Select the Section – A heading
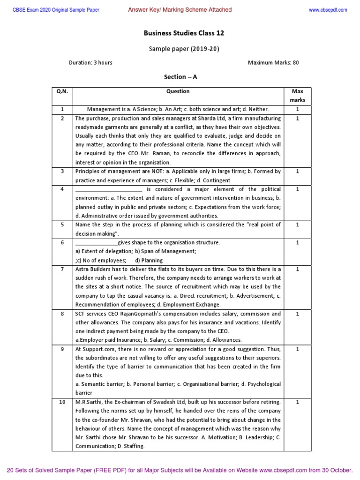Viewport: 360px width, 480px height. (x=178, y=76)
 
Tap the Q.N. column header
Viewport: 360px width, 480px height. (x=62, y=91)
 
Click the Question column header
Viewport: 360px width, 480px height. (x=178, y=91)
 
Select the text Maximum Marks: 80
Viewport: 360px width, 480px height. (x=273, y=62)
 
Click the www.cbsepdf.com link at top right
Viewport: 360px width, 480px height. (x=328, y=10)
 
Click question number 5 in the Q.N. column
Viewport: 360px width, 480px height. (x=62, y=225)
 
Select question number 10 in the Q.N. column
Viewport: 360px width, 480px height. (x=62, y=402)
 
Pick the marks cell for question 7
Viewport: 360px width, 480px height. (x=297, y=269)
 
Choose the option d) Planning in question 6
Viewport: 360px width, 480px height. (x=149, y=260)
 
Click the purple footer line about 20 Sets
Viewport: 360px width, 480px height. (x=180, y=470)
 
